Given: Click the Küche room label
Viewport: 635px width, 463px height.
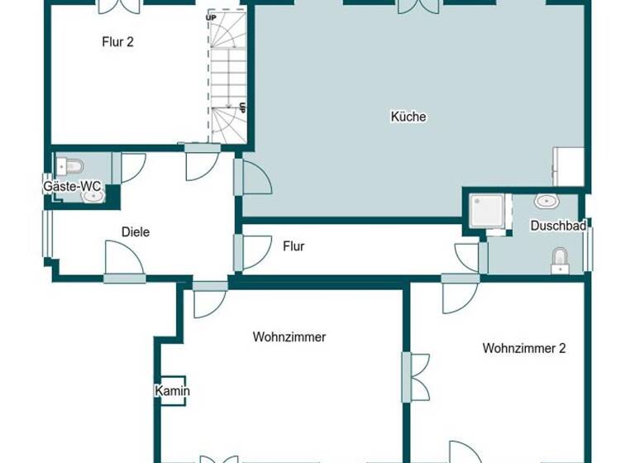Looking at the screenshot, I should [x=408, y=117].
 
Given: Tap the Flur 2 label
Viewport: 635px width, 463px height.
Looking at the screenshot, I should [x=117, y=42].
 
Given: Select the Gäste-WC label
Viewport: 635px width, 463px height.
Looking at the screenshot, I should [x=73, y=187].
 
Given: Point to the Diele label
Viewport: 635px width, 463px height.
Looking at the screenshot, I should [x=136, y=232].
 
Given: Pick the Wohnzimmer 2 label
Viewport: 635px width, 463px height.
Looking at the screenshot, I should [x=524, y=348].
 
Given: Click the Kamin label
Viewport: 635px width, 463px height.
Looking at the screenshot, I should [x=173, y=391].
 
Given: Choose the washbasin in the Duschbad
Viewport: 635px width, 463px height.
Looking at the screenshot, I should [x=545, y=201].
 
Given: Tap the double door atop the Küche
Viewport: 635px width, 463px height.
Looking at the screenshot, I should [x=418, y=7].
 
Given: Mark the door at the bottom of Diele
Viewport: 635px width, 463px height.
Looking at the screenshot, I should [x=125, y=265].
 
